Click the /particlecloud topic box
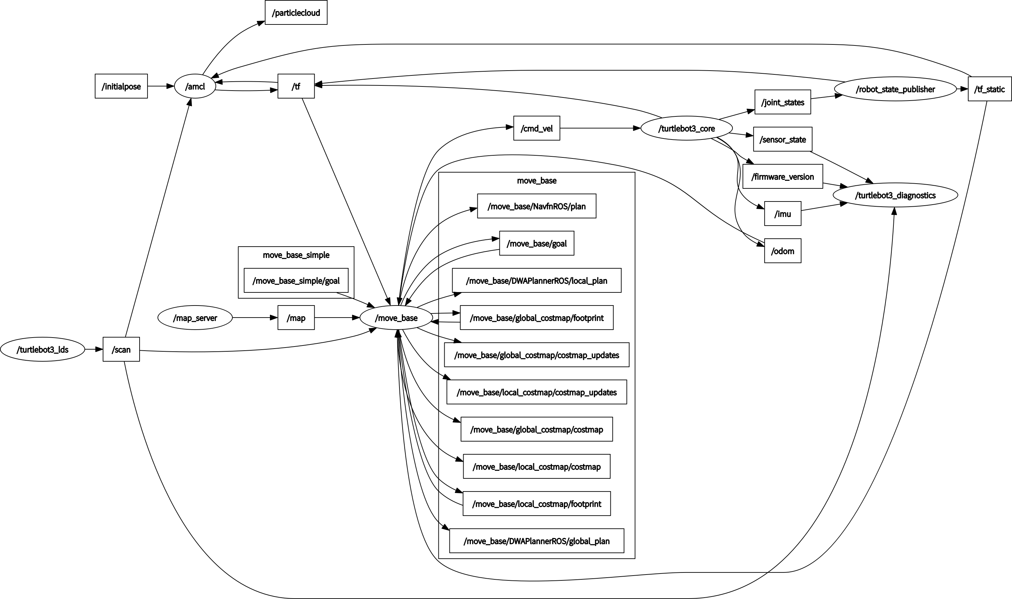296,12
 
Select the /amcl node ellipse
195,86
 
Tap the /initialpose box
121,86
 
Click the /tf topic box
296,86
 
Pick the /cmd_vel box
536,128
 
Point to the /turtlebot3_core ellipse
687,128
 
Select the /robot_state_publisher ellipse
895,89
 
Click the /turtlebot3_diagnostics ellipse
895,195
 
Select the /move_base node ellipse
396,318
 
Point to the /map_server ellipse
195,318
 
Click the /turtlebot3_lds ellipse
42,350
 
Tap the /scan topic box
121,350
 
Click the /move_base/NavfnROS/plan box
536,206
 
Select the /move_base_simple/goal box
296,280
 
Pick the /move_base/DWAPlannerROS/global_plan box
536,541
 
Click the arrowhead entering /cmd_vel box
510,127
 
